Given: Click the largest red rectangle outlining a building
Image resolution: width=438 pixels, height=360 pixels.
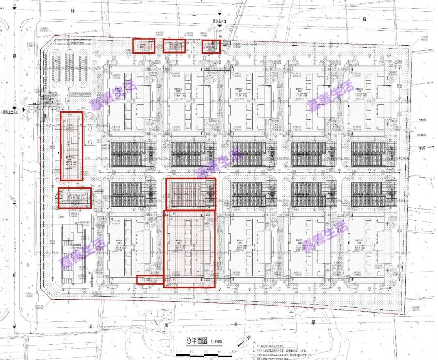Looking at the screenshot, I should (x=189, y=249).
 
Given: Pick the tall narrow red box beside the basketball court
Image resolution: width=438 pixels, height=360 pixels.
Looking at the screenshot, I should (x=71, y=146).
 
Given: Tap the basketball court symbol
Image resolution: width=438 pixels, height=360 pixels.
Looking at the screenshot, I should (x=90, y=142).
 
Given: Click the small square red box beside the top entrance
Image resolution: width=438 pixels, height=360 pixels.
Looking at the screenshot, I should (x=211, y=47).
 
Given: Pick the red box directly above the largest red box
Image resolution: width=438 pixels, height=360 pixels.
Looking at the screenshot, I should (x=191, y=194).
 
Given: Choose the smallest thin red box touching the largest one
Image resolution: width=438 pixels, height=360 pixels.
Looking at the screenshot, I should (x=150, y=279).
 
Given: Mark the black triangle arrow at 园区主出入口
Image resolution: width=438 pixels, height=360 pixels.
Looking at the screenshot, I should (x=25, y=110).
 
